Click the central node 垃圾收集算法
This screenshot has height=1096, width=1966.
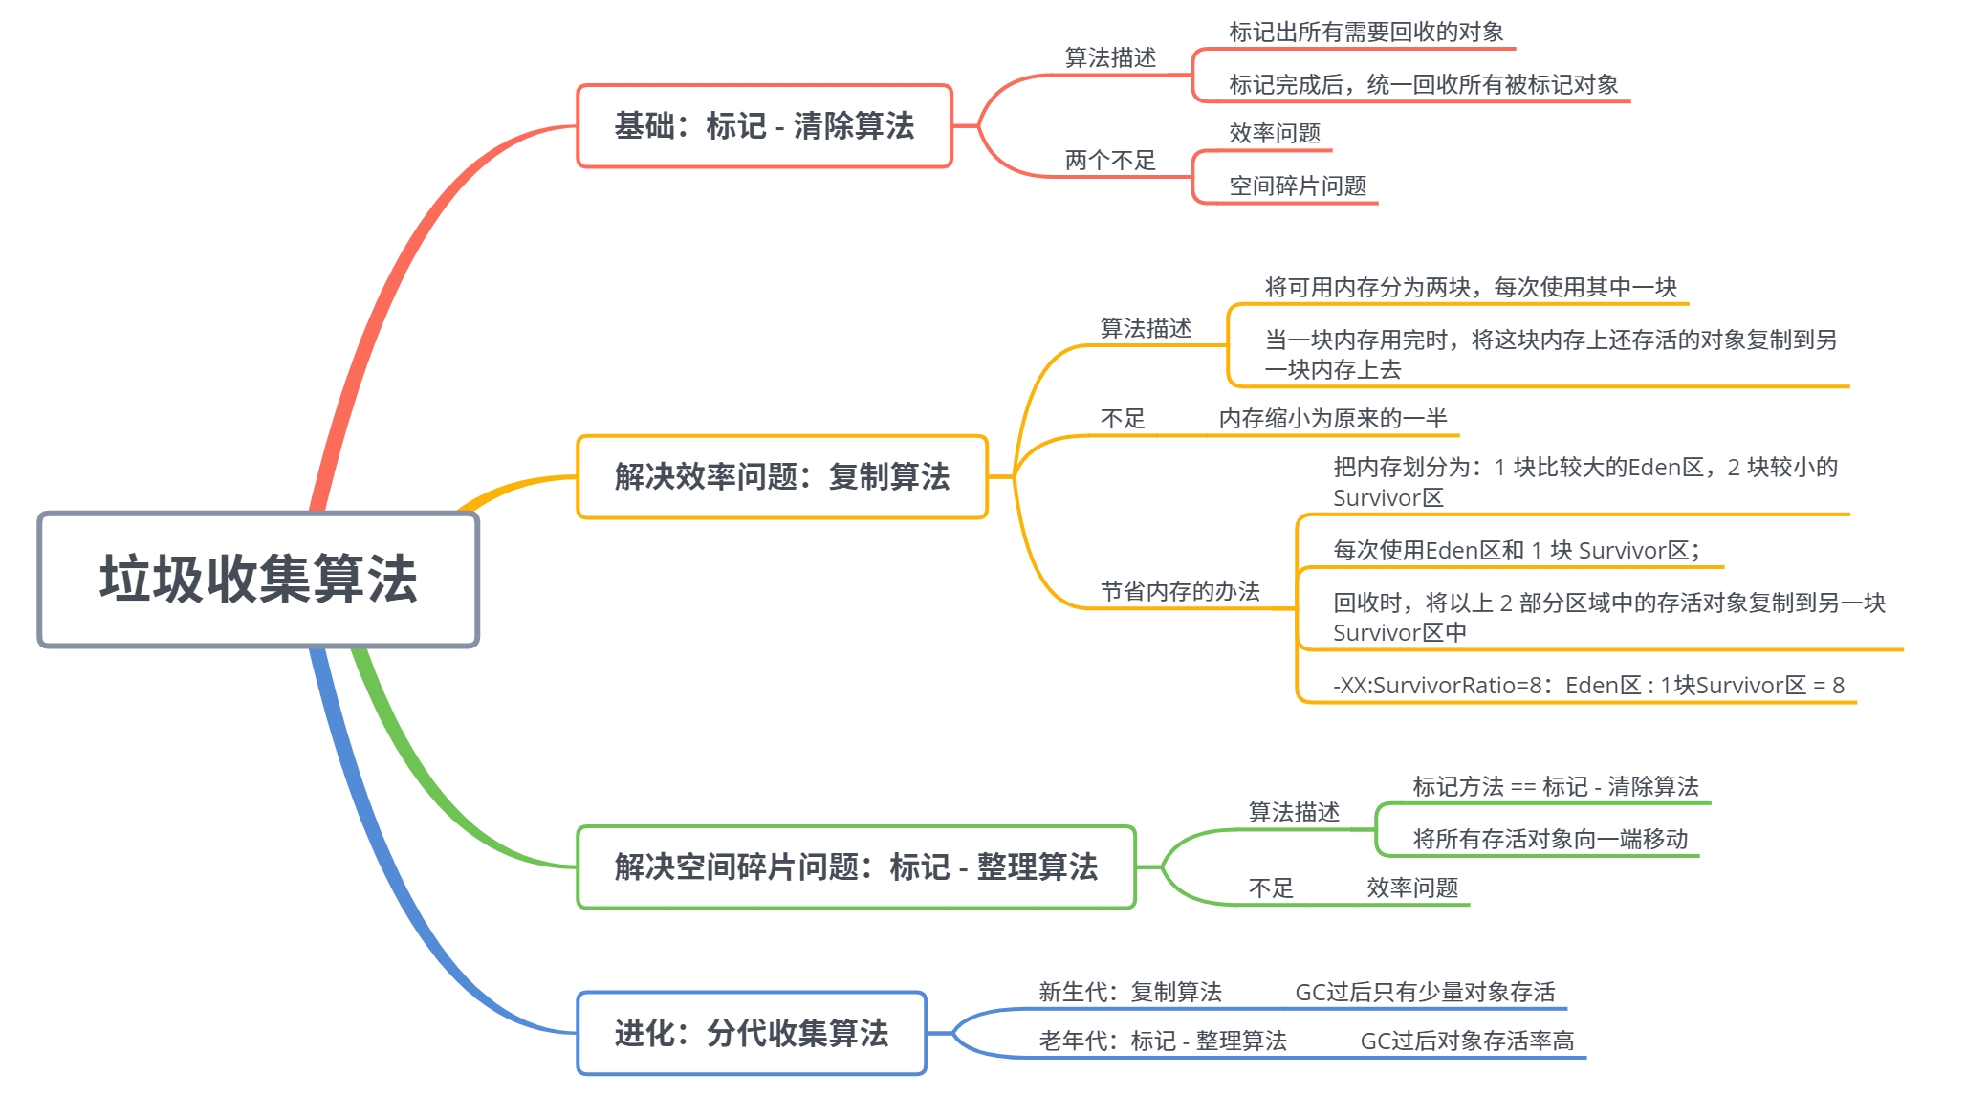click(x=258, y=580)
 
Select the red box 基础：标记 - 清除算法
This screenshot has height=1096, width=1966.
click(x=764, y=126)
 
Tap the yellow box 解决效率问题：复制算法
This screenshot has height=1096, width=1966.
click(x=781, y=476)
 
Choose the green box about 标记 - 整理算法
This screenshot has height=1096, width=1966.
click(x=856, y=866)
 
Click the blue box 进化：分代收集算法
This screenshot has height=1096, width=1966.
click(x=751, y=1033)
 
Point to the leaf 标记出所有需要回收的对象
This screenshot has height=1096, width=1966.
click(x=1365, y=33)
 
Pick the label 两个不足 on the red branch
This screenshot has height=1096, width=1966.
click(x=1110, y=160)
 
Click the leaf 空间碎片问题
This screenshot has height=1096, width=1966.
click(x=1297, y=186)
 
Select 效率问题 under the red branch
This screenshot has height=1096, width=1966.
click(x=1274, y=133)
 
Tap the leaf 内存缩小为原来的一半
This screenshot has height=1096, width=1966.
click(x=1332, y=418)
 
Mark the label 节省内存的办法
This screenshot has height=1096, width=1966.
click(x=1179, y=591)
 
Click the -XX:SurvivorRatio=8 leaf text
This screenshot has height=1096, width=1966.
click(x=1587, y=685)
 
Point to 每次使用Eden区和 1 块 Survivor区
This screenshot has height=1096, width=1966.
click(x=1516, y=550)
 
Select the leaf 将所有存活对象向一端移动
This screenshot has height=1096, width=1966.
click(x=1549, y=839)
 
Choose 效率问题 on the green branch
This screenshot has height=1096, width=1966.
click(x=1411, y=888)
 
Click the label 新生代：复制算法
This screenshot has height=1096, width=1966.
click(x=1129, y=992)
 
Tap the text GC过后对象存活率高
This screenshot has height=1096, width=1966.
click(x=1466, y=1041)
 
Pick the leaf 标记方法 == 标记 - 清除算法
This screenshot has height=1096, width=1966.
click(x=1555, y=786)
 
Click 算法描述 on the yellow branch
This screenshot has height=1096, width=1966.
click(x=1145, y=328)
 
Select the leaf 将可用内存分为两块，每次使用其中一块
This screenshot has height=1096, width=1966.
click(x=1470, y=287)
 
